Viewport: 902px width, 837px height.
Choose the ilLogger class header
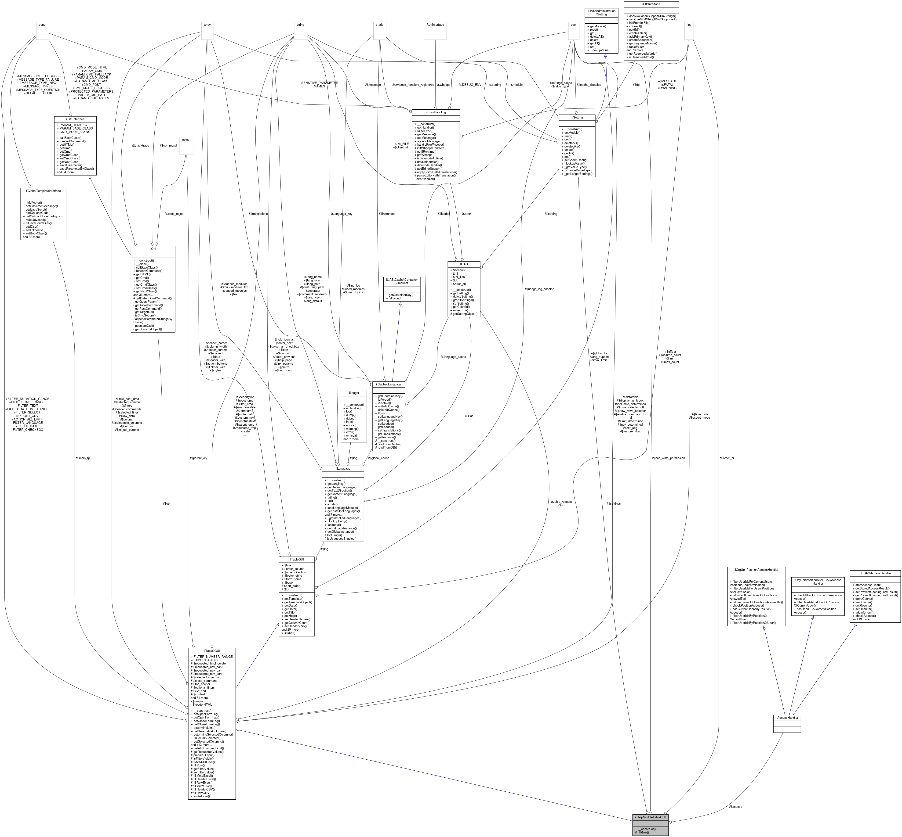353,393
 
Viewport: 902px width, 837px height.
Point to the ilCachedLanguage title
389,384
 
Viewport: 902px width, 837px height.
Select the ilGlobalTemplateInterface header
44,191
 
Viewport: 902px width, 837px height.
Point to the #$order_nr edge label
727,458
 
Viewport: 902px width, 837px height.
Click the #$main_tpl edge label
83,458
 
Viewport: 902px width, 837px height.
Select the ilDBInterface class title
651,4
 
